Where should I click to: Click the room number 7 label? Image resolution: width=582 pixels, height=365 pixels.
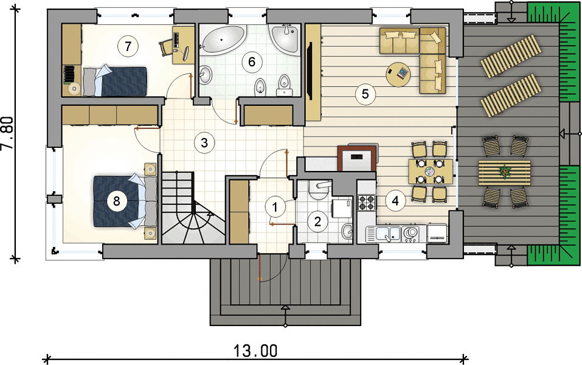coord(128,46)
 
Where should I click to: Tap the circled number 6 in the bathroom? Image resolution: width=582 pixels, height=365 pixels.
coord(252,61)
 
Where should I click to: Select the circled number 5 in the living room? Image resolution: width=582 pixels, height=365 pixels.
coord(365,94)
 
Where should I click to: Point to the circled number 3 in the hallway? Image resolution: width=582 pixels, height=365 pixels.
coord(204,142)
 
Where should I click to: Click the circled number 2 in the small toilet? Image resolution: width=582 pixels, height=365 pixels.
coord(317,221)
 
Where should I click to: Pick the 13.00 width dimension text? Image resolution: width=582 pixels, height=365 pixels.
coord(255,350)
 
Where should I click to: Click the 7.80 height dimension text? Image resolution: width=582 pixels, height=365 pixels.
coord(7,133)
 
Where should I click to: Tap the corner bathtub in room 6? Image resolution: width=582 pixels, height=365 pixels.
coord(223,40)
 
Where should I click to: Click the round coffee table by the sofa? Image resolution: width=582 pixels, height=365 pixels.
coord(398,74)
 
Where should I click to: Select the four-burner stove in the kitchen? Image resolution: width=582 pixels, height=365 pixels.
coord(366,203)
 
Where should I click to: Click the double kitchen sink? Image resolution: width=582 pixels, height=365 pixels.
coord(383,234)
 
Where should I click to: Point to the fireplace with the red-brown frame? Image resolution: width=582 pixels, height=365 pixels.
coord(357,158)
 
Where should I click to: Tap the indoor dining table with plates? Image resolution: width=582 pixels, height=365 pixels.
coord(430,172)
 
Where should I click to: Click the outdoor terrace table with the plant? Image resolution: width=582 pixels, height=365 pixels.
coord(504,172)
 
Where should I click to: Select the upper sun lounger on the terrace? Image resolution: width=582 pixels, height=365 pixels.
coord(511,56)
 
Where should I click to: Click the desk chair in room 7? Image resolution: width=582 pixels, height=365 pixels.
coord(166,47)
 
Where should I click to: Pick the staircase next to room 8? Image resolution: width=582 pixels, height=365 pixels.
coord(193,207)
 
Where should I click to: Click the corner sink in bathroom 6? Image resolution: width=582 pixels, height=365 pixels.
coord(285,38)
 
